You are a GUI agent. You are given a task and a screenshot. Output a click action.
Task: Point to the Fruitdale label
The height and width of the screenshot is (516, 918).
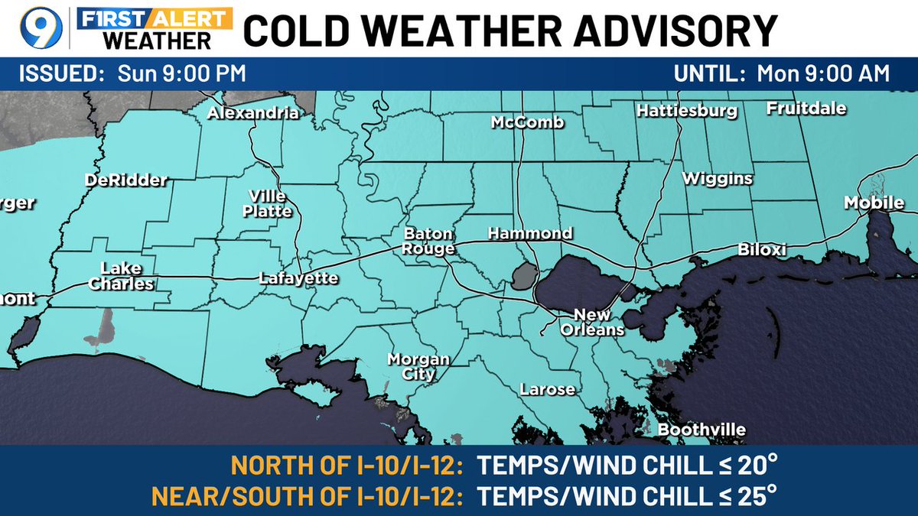point(806,109)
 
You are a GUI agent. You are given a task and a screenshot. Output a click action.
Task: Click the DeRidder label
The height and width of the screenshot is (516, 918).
point(125,180)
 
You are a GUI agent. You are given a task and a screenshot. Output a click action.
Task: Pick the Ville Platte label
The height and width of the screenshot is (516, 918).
point(268,203)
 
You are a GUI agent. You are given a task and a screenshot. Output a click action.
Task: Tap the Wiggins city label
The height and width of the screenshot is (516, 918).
point(718,179)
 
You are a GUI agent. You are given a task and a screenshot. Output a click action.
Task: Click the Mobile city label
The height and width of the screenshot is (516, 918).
point(874,203)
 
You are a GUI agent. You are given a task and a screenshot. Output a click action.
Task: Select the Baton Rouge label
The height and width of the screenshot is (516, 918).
point(429,241)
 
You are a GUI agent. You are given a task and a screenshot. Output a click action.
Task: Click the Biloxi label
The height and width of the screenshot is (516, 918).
point(763,250)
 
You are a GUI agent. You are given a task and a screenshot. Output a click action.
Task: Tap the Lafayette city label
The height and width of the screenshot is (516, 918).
point(298,278)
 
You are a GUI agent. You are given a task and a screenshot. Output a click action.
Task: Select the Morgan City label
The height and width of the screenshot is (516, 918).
point(418,367)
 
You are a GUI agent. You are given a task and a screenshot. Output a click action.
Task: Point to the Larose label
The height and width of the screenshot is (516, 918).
point(547,390)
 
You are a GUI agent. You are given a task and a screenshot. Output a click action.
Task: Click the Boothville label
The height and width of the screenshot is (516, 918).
point(702,430)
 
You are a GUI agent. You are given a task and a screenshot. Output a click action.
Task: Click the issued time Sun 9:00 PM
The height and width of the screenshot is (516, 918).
point(181,74)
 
